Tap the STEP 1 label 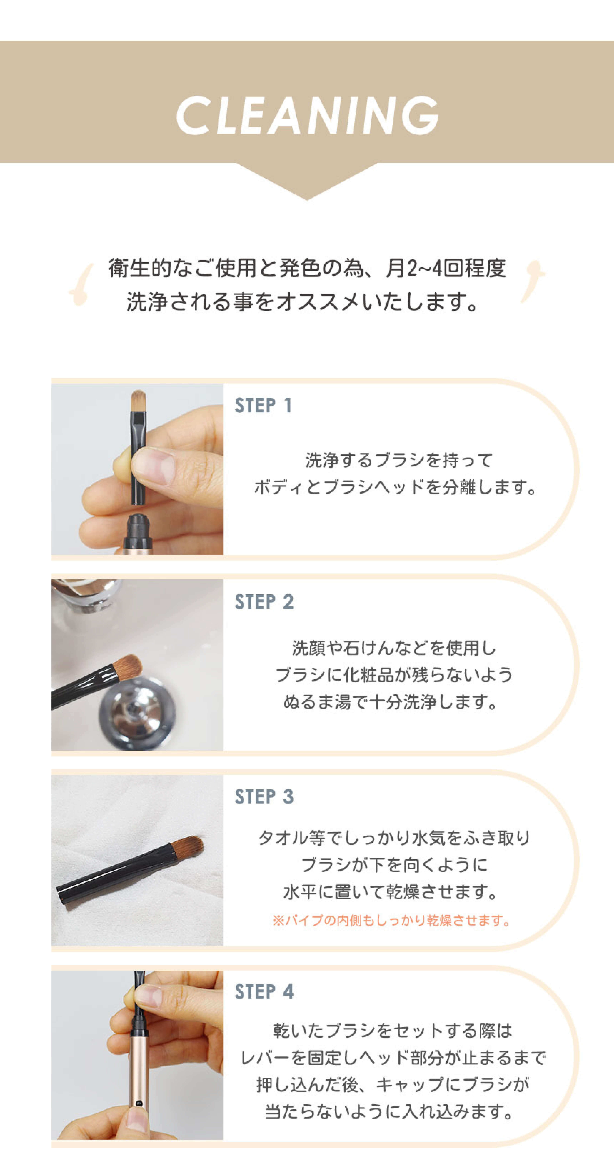tap(263, 405)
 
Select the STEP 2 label tap(264, 602)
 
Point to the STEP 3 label tap(264, 796)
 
